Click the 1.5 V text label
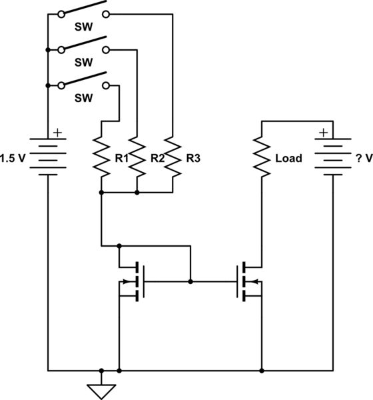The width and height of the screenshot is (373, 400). (15, 159)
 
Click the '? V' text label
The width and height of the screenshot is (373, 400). (362, 159)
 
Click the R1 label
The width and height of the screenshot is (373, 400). (121, 159)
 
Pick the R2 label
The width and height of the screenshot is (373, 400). (157, 159)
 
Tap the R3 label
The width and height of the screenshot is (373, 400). (193, 159)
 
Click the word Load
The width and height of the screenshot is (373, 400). (288, 159)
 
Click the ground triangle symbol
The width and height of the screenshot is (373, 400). (101, 391)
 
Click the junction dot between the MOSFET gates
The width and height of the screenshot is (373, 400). (190, 282)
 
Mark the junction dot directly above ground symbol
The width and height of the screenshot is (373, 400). (101, 369)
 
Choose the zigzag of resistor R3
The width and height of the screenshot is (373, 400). (172, 157)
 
